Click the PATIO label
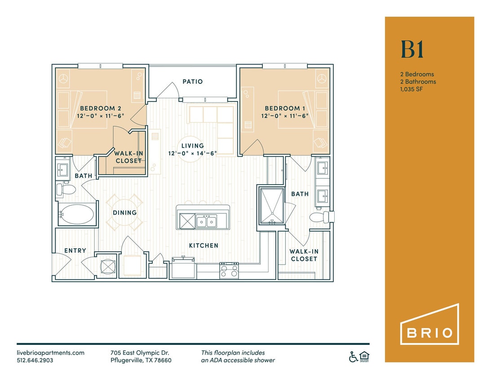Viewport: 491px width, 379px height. (192, 82)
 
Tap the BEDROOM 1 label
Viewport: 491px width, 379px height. (282, 108)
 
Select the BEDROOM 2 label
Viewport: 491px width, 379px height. (101, 108)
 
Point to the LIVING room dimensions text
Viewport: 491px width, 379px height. (192, 153)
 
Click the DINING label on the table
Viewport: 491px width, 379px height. (124, 213)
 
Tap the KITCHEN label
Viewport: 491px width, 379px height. (203, 246)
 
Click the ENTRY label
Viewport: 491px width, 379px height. (75, 251)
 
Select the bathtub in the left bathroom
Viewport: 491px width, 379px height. (77, 215)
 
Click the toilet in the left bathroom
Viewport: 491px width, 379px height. (66, 189)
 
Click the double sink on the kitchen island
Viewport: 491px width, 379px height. (206, 221)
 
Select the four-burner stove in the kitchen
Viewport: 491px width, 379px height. (229, 270)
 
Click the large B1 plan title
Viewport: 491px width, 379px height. (412, 50)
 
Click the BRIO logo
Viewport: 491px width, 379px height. (429, 324)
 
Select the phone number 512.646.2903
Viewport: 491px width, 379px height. (35, 360)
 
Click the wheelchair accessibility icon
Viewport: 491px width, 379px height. (354, 357)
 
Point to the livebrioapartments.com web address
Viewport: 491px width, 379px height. (50, 353)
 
